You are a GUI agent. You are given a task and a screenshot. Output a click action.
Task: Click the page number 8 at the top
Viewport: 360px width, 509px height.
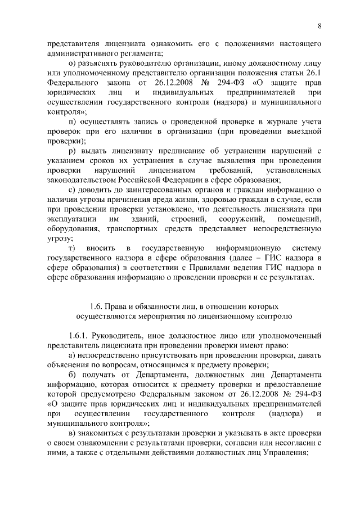pyautogui.click(x=319, y=26)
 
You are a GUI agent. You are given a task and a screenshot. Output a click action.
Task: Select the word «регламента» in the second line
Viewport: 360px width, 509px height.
pyautogui.click(x=140, y=53)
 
